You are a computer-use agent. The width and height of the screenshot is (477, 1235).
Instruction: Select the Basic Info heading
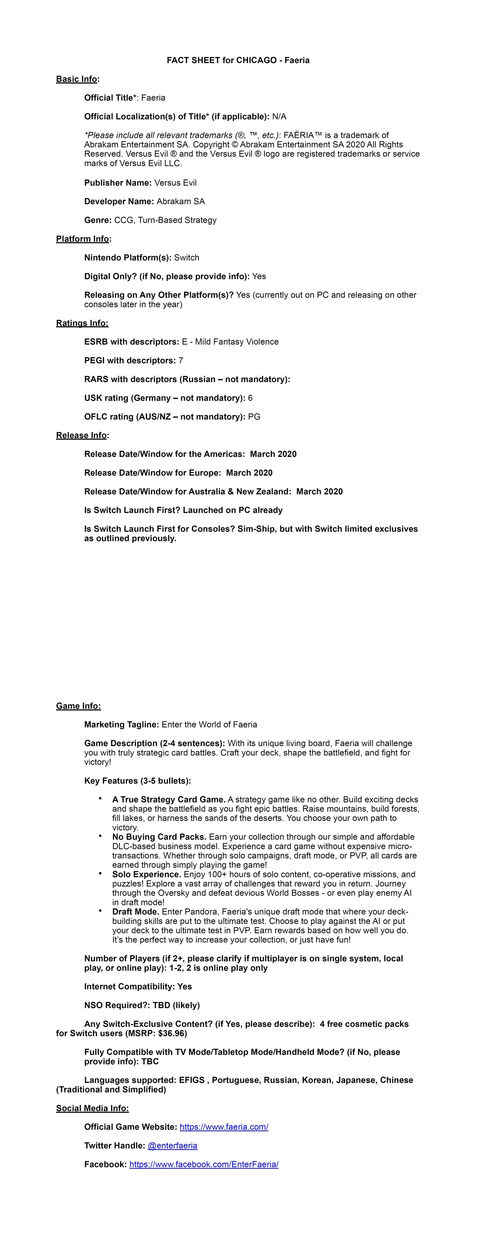(x=77, y=79)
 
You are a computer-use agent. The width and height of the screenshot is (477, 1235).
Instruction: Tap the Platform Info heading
(x=83, y=239)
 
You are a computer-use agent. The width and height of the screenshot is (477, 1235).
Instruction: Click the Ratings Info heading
(x=82, y=323)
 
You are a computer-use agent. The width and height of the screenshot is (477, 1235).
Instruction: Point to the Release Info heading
(x=81, y=435)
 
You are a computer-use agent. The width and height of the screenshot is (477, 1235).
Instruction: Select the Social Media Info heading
(x=92, y=1108)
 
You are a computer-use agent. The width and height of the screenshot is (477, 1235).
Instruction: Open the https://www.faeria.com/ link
(x=224, y=1127)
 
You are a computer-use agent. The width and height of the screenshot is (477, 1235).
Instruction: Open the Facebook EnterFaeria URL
(x=204, y=1164)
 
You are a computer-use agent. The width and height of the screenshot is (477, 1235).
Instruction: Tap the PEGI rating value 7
(x=181, y=361)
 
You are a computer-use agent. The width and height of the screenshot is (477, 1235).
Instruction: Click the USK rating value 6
(x=250, y=398)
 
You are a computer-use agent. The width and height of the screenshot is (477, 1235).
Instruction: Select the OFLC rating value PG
(x=254, y=417)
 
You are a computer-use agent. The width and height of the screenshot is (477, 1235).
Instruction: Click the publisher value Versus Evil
(x=176, y=183)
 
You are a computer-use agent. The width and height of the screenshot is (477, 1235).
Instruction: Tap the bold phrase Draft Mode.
(x=136, y=911)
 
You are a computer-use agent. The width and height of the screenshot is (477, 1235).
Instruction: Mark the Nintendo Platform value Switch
(x=187, y=258)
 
